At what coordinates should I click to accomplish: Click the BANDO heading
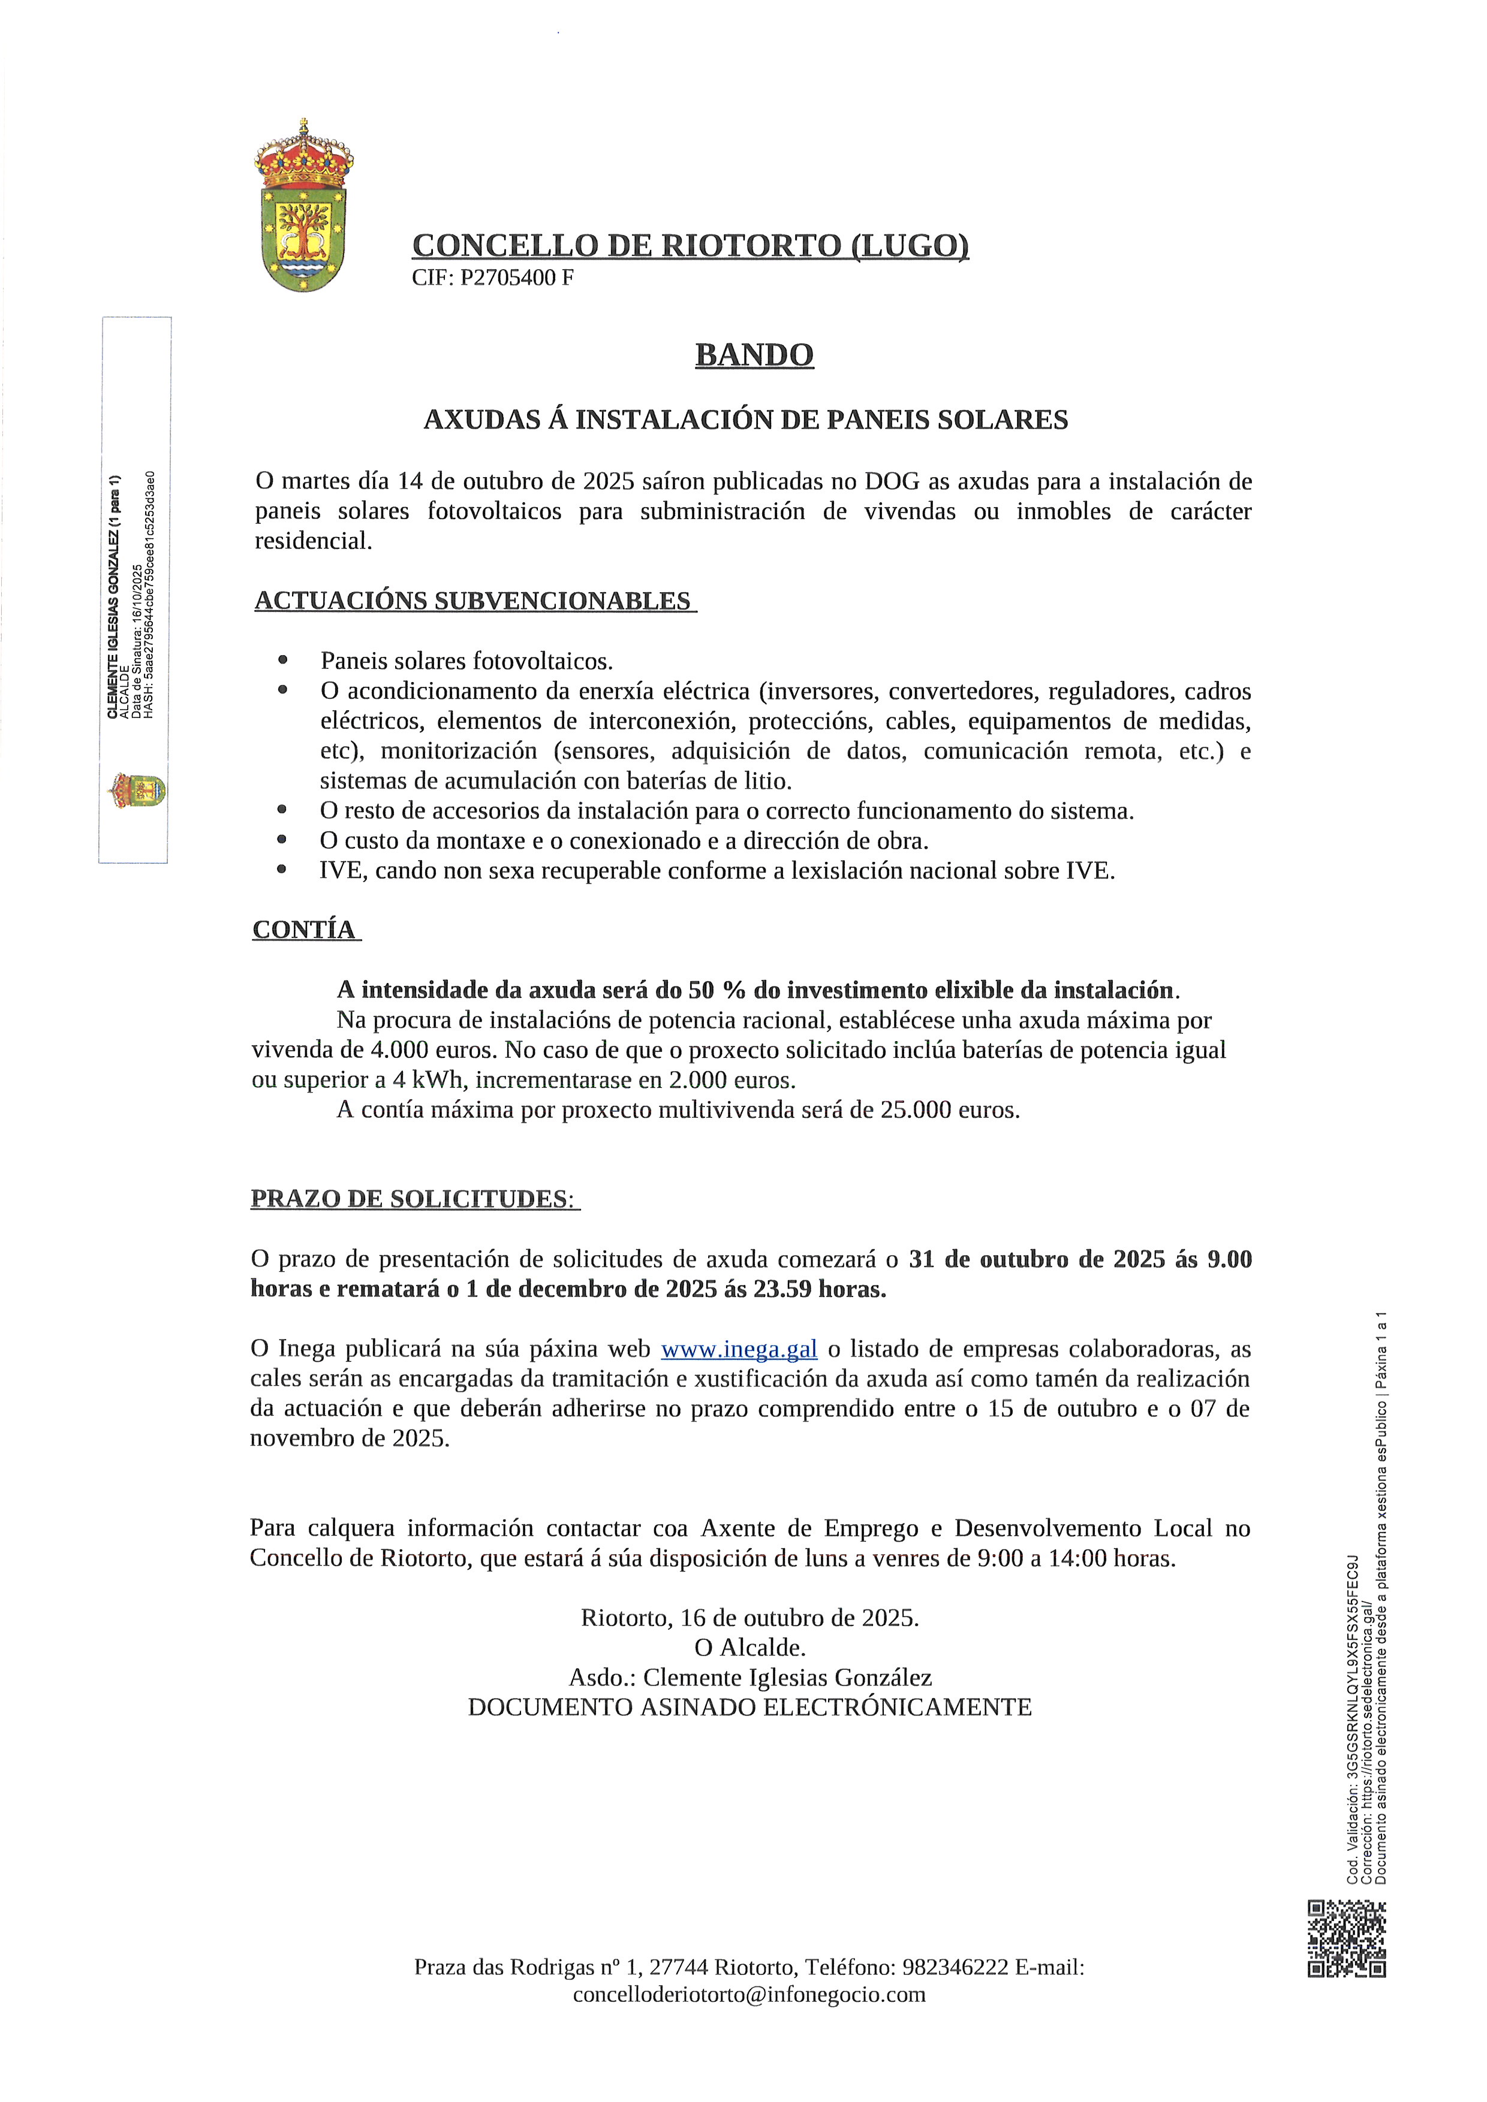[754, 355]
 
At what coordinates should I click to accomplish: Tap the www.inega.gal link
[738, 1349]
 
